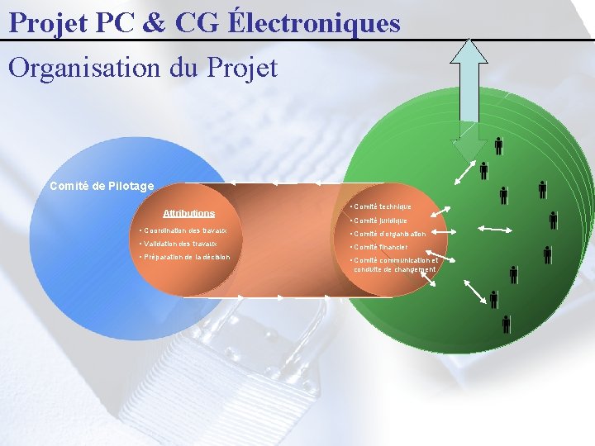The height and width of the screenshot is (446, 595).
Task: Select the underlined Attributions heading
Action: pyautogui.click(x=188, y=213)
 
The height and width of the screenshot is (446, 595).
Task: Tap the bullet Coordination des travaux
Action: pyautogui.click(x=183, y=230)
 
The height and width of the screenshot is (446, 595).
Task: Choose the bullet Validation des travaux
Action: pyautogui.click(x=178, y=244)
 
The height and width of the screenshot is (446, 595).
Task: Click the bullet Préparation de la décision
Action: pyautogui.click(x=185, y=257)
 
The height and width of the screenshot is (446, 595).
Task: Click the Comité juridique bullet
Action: pyautogui.click(x=378, y=221)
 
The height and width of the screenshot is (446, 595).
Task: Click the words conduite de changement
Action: pyautogui.click(x=394, y=269)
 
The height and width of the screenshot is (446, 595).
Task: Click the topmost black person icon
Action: pyautogui.click(x=498, y=146)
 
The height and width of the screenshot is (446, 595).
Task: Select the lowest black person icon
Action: pyautogui.click(x=507, y=324)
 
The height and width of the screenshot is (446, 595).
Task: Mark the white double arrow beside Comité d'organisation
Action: pyautogui.click(x=496, y=229)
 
